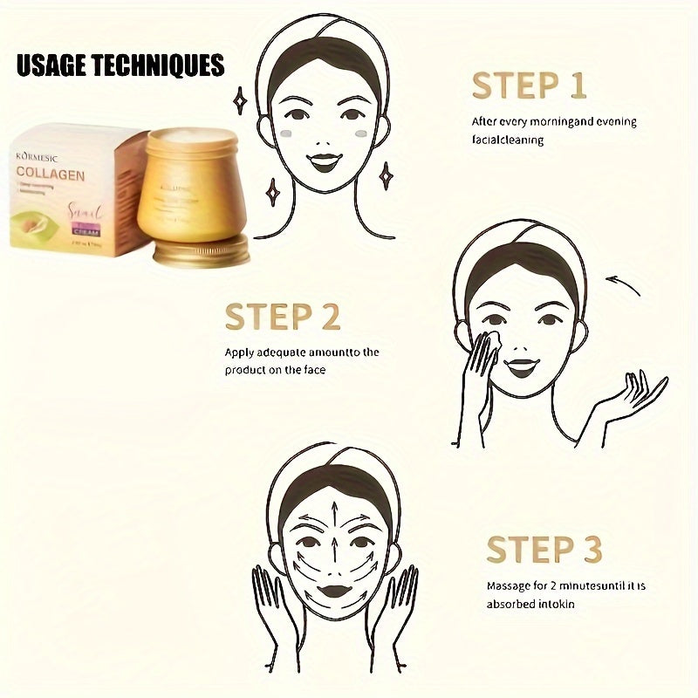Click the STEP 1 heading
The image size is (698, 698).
click(529, 86)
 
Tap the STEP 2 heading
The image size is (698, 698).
click(282, 317)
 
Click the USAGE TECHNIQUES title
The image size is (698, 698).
click(120, 66)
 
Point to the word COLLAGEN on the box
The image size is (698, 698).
click(51, 174)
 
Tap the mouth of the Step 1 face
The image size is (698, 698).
click(325, 162)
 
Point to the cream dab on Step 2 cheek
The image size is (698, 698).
click(489, 338)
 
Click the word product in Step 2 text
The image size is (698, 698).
click(245, 370)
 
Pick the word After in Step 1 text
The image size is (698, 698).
click(484, 121)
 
